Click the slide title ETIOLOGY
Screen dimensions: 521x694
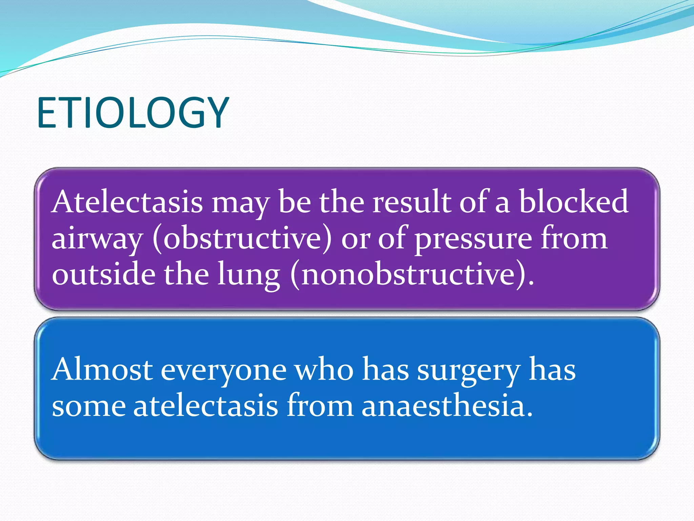(x=133, y=113)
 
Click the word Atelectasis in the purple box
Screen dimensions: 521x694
(x=127, y=202)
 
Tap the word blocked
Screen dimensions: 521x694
(x=574, y=202)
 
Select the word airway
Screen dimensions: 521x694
(x=97, y=239)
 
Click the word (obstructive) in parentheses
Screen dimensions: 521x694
(x=242, y=239)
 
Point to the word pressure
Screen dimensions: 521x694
(x=473, y=239)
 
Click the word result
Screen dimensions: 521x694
(x=412, y=202)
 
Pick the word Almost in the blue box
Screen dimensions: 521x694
(x=102, y=370)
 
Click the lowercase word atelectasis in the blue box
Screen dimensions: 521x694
(x=206, y=406)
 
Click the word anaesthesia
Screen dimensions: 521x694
(x=447, y=406)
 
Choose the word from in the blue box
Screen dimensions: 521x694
(x=320, y=406)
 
